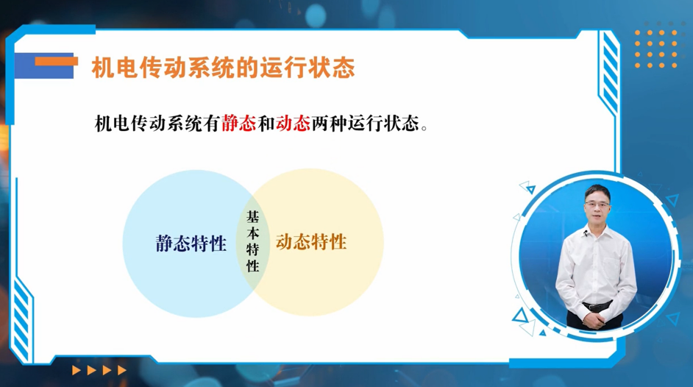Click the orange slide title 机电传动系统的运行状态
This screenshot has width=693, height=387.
point(223,68)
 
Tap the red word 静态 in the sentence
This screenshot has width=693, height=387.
point(238,124)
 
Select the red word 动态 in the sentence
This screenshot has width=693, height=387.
point(293,124)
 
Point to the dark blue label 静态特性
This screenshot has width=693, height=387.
point(191,243)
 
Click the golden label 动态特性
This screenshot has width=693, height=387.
point(311,241)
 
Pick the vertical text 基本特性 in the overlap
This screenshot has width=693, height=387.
point(253,241)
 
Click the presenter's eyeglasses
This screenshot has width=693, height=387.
point(597,204)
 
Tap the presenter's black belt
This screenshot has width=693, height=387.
point(597,305)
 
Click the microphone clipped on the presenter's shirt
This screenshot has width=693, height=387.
point(585,232)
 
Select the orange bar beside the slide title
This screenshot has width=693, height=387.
point(57,61)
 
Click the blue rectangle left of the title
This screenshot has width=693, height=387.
point(43,65)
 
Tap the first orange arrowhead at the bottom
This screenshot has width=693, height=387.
point(77,370)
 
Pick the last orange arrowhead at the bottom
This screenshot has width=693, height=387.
point(122,370)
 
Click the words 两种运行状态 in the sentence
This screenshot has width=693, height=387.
point(365,124)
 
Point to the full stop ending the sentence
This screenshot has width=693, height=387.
point(424,129)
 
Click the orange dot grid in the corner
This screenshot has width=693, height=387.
point(656,49)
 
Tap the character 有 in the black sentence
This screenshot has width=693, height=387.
point(212,124)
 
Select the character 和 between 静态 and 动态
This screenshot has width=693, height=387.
point(266,124)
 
